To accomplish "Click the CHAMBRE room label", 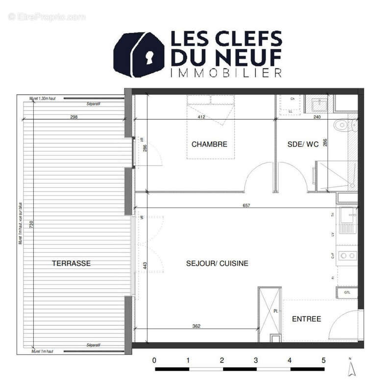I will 209,144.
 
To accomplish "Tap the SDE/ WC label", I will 303,144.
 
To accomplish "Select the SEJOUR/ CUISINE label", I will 217,263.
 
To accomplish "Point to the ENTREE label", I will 307,319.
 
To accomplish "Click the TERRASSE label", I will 72,263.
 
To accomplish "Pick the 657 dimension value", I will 246,206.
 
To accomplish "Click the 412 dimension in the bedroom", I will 200,117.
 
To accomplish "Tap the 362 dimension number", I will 196,326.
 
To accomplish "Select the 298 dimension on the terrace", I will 74,117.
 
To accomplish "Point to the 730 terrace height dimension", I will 31,225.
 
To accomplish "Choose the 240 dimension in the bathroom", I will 317,117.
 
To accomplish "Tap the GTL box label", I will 347,292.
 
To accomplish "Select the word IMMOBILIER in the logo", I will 225,73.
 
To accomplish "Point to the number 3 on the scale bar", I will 256,360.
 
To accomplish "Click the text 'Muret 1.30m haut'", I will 43,98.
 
